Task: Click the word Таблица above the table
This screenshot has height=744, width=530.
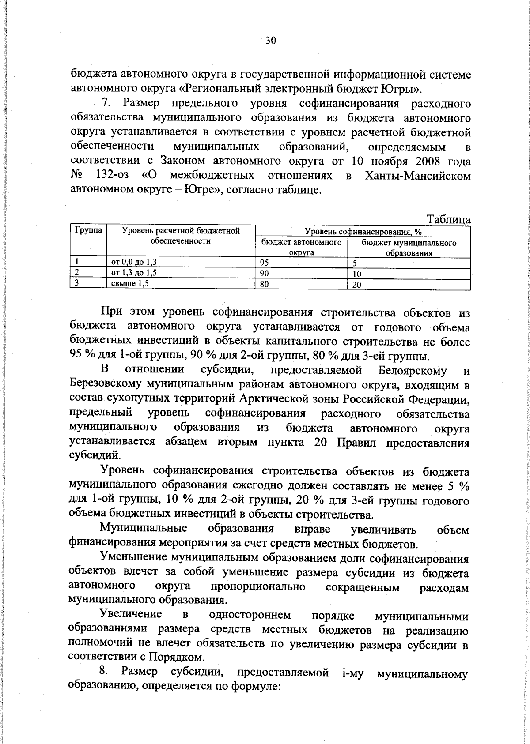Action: (448, 219)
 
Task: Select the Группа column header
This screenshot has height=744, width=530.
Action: (88, 230)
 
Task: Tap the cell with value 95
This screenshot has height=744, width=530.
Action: (265, 263)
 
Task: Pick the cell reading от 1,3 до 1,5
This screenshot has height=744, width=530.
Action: (133, 273)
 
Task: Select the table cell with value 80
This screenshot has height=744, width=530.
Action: (265, 285)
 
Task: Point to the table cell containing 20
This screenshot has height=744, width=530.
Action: (357, 285)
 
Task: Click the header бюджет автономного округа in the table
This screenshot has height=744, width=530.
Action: (302, 248)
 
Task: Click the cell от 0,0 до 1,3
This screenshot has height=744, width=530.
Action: (133, 263)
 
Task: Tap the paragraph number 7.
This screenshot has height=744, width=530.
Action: (106, 104)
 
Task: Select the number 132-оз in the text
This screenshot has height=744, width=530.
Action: (112, 175)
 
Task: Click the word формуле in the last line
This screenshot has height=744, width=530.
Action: (255, 699)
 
